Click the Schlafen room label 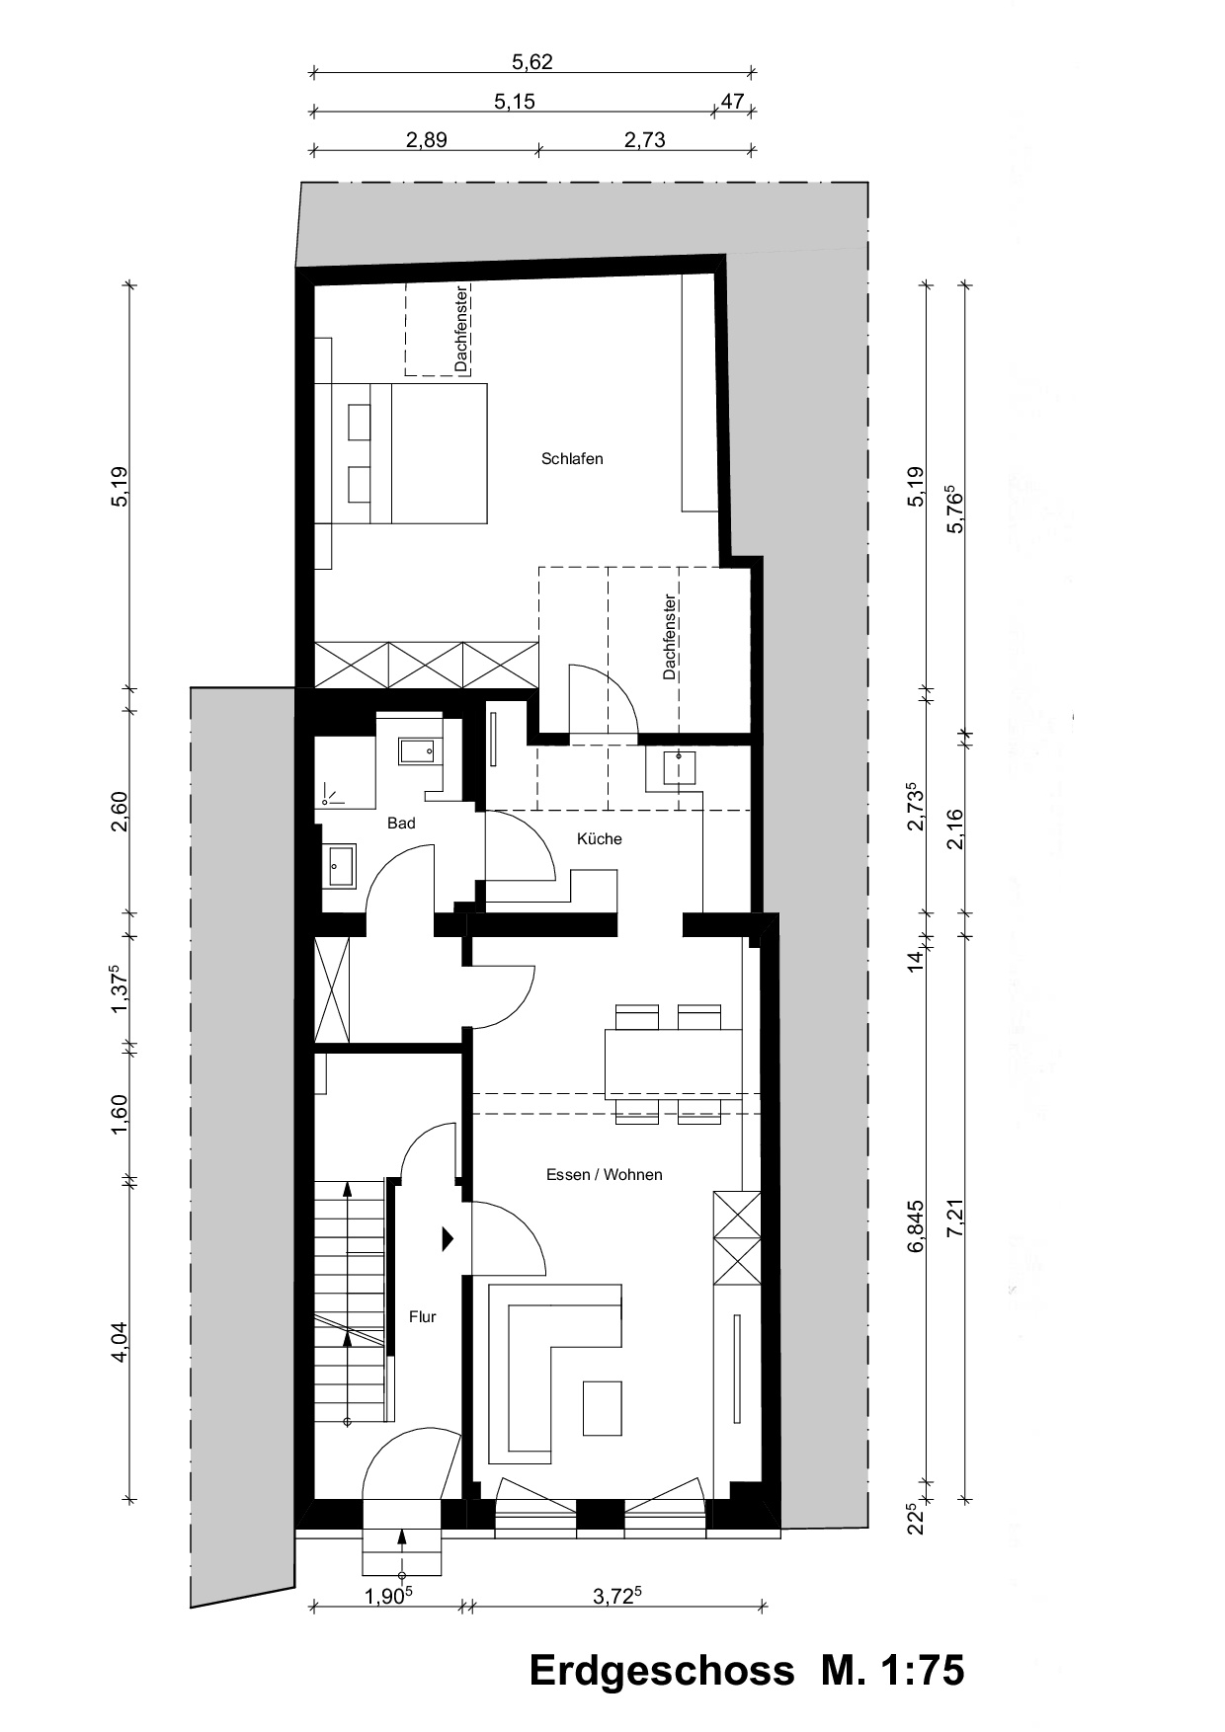point(572,459)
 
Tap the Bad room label point(401,824)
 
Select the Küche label point(600,839)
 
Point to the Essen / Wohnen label point(604,1175)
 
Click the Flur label point(423,1316)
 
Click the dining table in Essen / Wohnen point(673,1060)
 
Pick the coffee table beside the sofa point(603,1408)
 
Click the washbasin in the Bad point(341,867)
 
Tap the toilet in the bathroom point(417,752)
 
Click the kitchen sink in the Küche point(679,766)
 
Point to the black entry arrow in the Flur point(448,1238)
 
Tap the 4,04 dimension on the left point(120,1342)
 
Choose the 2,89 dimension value point(426,139)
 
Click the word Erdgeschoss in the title point(661,1670)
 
